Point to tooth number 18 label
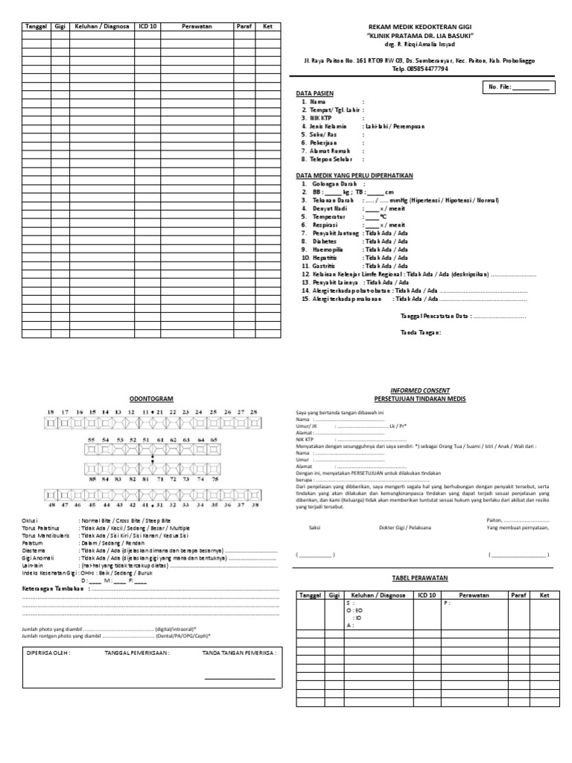click(51, 412)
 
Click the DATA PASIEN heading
click(315, 93)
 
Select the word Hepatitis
click(325, 257)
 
